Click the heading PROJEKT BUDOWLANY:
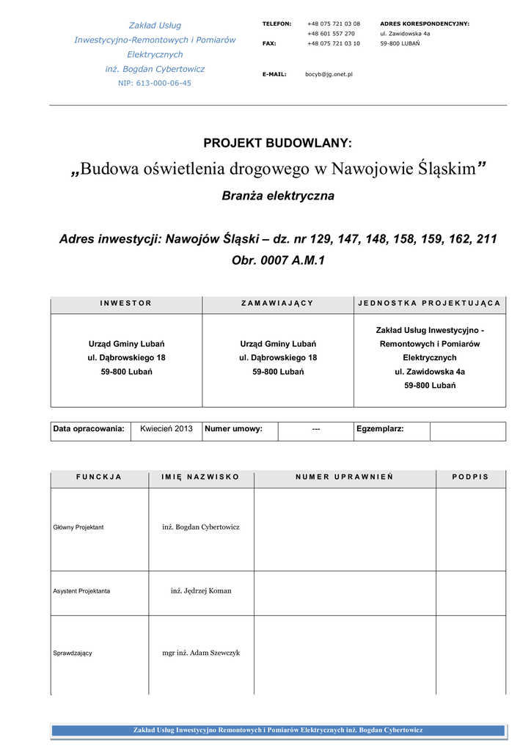coord(277,143)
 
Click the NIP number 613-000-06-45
coord(155,84)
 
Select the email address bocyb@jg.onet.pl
coord(329,74)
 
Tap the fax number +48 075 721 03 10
coord(333,43)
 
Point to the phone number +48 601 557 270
coord(331,34)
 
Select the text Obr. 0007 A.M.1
coord(278,260)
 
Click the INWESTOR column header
coord(126,303)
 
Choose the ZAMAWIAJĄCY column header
coord(278,303)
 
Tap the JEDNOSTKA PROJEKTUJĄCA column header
coord(430,303)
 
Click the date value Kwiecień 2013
coord(166,429)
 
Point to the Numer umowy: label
coord(233,429)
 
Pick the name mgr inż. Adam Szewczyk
coord(201,653)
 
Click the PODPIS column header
coord(470,477)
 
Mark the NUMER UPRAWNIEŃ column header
coord(345,477)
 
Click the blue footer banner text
coord(278,730)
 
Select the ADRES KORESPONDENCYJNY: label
coord(425,23)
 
